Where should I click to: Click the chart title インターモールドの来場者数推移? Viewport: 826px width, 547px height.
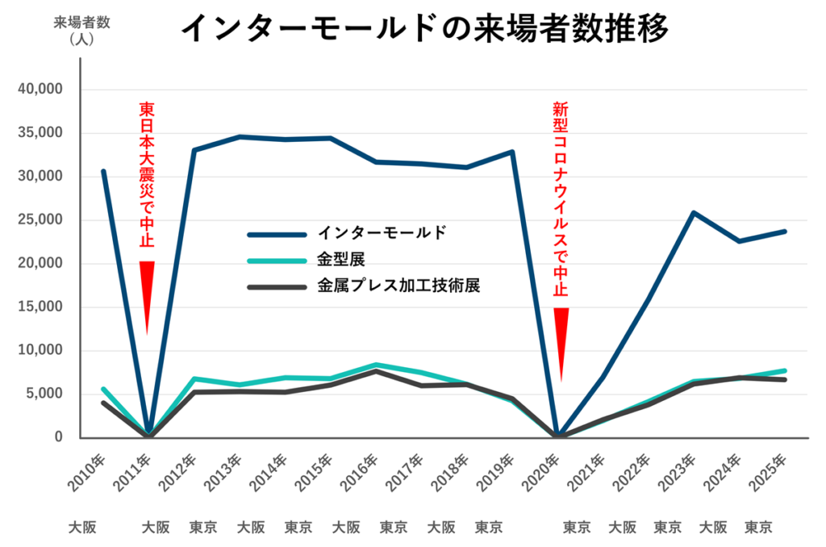click(424, 30)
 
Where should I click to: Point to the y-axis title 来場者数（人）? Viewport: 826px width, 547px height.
click(81, 30)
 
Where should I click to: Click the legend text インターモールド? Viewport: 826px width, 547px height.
click(381, 234)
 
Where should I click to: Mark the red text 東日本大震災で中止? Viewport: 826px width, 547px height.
click(147, 174)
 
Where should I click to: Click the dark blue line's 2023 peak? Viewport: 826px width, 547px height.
click(693, 212)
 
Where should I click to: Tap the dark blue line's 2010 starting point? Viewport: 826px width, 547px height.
click(102, 171)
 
